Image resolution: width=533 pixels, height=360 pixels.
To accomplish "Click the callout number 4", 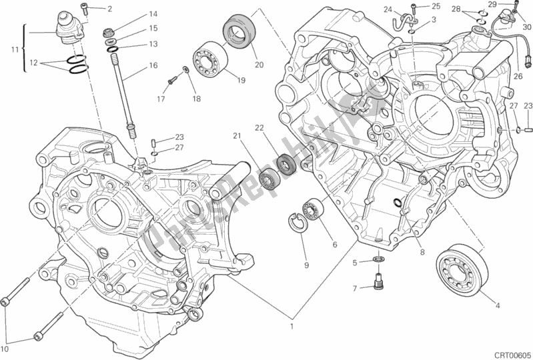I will click(496, 306).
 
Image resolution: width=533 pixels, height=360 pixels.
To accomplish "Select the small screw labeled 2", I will click(85, 8).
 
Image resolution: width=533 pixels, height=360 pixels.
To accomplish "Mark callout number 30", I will click(526, 27).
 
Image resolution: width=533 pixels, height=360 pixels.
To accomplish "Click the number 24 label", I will click(388, 9).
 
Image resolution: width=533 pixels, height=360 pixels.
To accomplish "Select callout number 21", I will click(237, 137).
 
